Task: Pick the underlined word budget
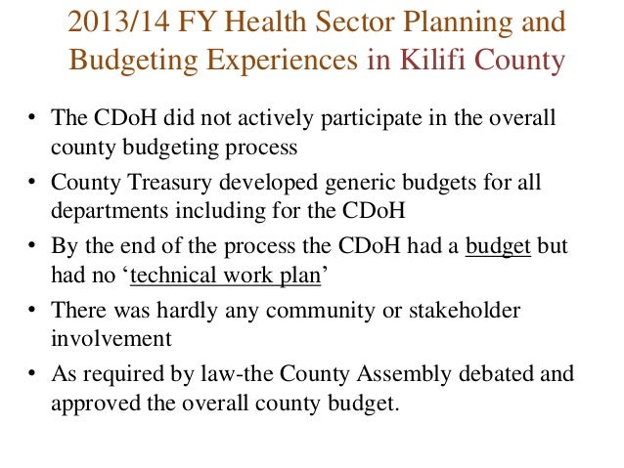498,244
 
